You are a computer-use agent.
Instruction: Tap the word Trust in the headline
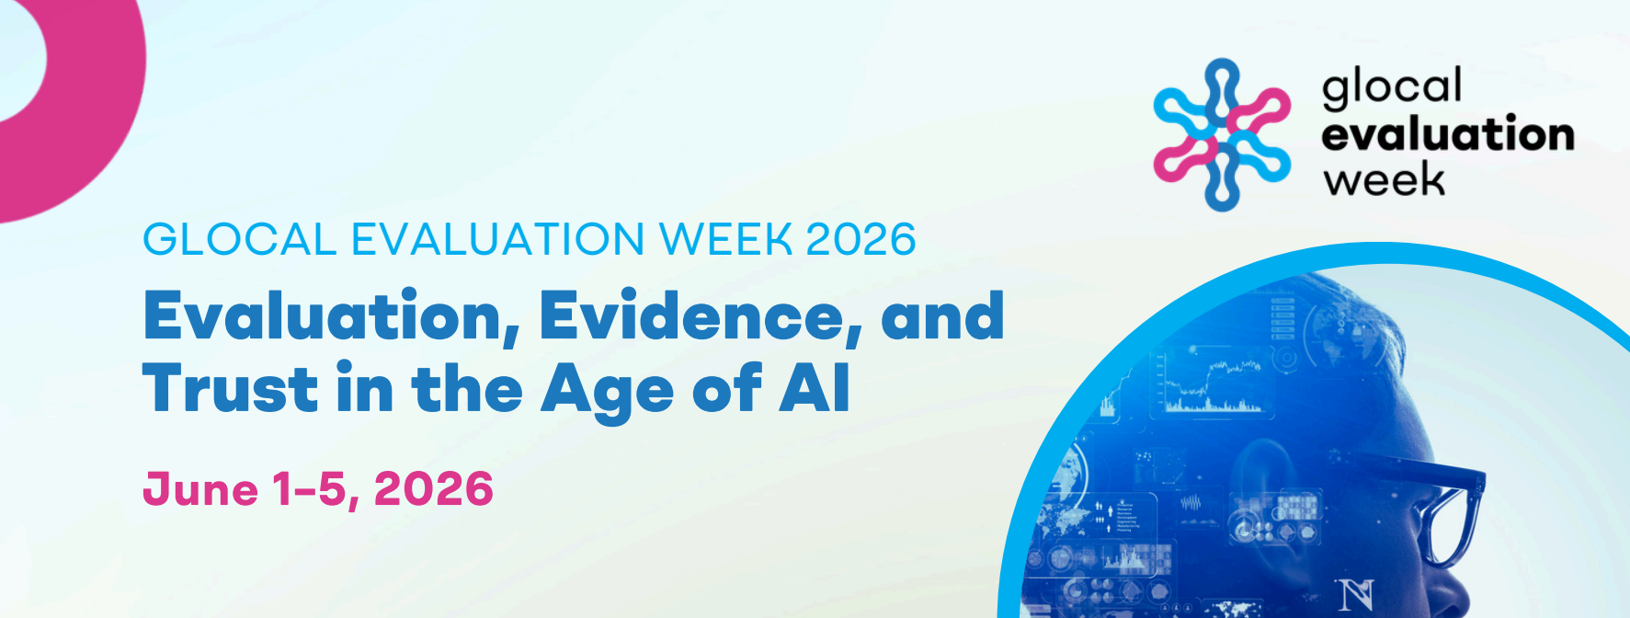click(230, 389)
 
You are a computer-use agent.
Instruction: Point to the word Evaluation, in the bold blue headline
click(332, 317)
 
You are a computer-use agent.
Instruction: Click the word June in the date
click(200, 488)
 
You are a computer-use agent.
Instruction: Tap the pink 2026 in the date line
click(434, 488)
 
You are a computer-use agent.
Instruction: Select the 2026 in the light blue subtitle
click(861, 239)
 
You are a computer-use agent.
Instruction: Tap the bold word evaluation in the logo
click(1448, 134)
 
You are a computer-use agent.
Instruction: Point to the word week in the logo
click(1385, 178)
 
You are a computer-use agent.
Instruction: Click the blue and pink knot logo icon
click(1223, 134)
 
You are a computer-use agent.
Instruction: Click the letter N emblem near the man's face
click(1356, 594)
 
